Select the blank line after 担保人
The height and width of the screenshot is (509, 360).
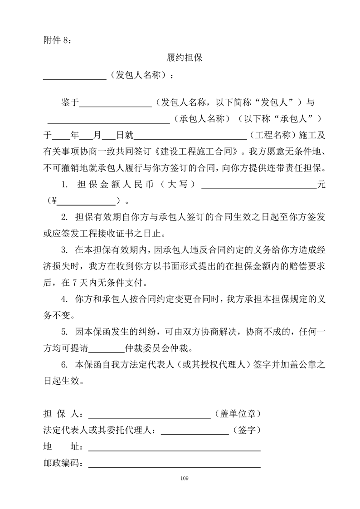[x=149, y=415]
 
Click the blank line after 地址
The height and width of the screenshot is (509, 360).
[x=174, y=448]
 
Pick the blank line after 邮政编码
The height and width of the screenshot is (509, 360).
[x=174, y=465]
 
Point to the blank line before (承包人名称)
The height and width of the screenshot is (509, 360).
[x=108, y=121]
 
